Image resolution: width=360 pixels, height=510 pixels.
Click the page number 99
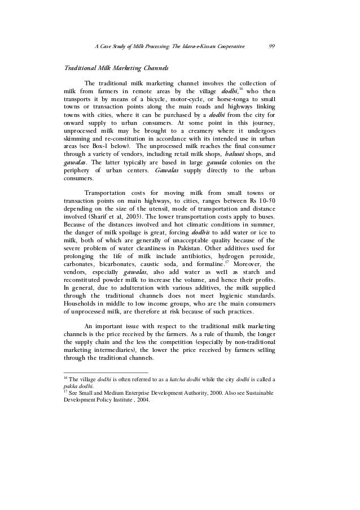272,46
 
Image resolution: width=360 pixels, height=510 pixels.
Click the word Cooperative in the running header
230,46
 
